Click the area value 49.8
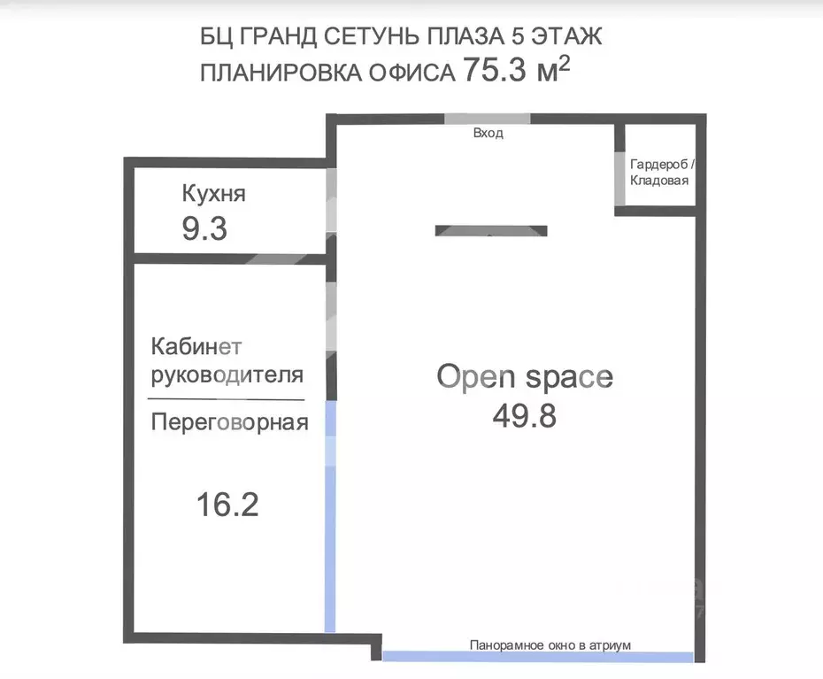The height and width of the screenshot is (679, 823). click(x=524, y=415)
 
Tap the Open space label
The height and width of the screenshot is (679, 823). click(x=524, y=376)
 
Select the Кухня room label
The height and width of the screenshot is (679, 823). click(x=213, y=194)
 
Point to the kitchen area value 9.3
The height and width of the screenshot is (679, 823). click(x=204, y=229)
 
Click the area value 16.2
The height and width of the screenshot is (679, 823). click(x=227, y=505)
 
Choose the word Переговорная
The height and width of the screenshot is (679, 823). click(x=229, y=422)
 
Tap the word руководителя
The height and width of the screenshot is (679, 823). click(x=228, y=374)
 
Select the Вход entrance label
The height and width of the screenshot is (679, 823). click(x=488, y=134)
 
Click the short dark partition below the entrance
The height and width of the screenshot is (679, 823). click(x=491, y=231)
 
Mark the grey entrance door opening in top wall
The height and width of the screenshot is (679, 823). click(x=487, y=119)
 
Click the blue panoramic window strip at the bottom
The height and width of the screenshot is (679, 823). click(x=537, y=657)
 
